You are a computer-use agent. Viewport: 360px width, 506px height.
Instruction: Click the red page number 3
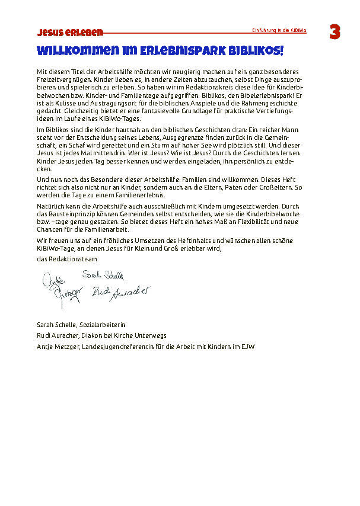[334, 33]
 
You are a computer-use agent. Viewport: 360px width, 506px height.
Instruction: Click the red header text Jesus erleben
[70, 32]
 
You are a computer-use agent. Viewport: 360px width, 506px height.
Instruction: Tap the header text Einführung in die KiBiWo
[279, 30]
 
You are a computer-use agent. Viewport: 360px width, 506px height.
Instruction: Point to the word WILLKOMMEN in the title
[74, 50]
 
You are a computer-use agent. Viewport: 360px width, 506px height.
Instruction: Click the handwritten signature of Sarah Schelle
[103, 275]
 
